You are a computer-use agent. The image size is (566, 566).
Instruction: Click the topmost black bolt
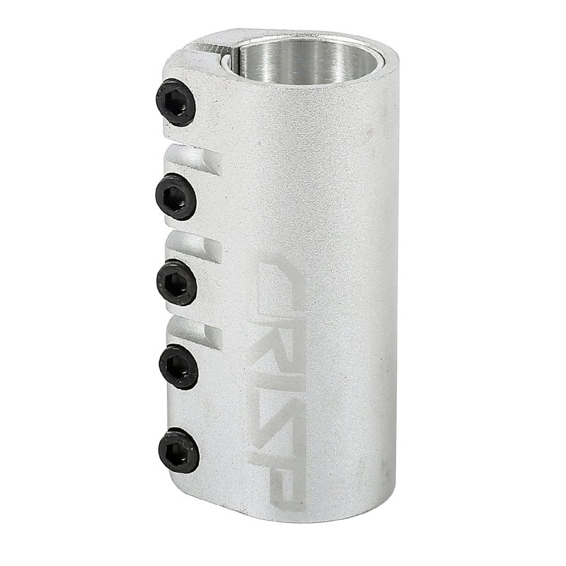click(x=175, y=103)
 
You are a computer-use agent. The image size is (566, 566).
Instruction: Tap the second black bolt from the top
click(x=175, y=196)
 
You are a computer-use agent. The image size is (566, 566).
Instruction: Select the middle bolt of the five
click(x=176, y=282)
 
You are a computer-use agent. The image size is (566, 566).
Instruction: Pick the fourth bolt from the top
click(x=178, y=366)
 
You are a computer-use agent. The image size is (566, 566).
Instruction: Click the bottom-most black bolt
click(x=178, y=451)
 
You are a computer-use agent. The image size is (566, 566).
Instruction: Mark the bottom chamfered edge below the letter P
click(x=290, y=516)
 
